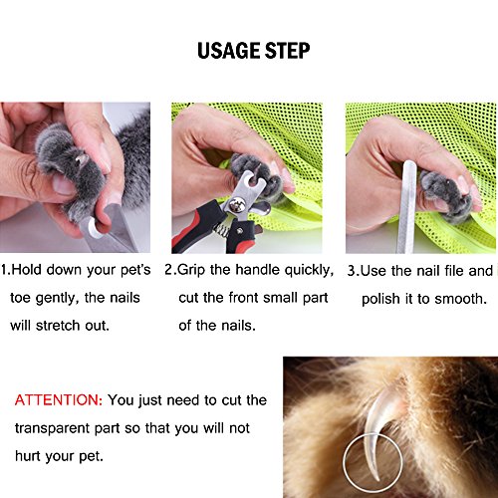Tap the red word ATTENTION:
(59, 400)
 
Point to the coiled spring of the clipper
(222, 230)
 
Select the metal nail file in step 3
(407, 206)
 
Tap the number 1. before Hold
(6, 270)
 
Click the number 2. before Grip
(170, 270)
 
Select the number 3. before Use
(354, 271)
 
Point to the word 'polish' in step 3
(380, 300)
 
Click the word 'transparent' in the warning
(53, 428)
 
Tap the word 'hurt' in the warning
(28, 456)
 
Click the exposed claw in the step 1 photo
(82, 160)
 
